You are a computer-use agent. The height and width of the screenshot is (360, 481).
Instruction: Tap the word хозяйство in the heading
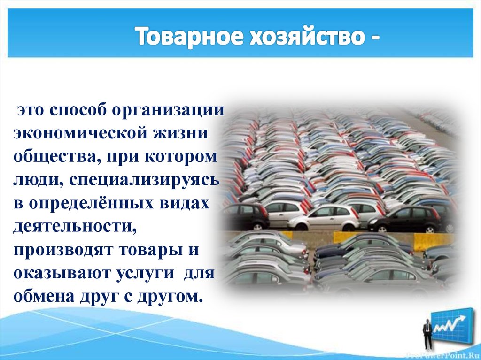[295, 36]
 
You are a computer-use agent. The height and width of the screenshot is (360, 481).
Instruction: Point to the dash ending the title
[374, 38]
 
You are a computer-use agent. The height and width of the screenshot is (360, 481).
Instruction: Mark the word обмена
[46, 296]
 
